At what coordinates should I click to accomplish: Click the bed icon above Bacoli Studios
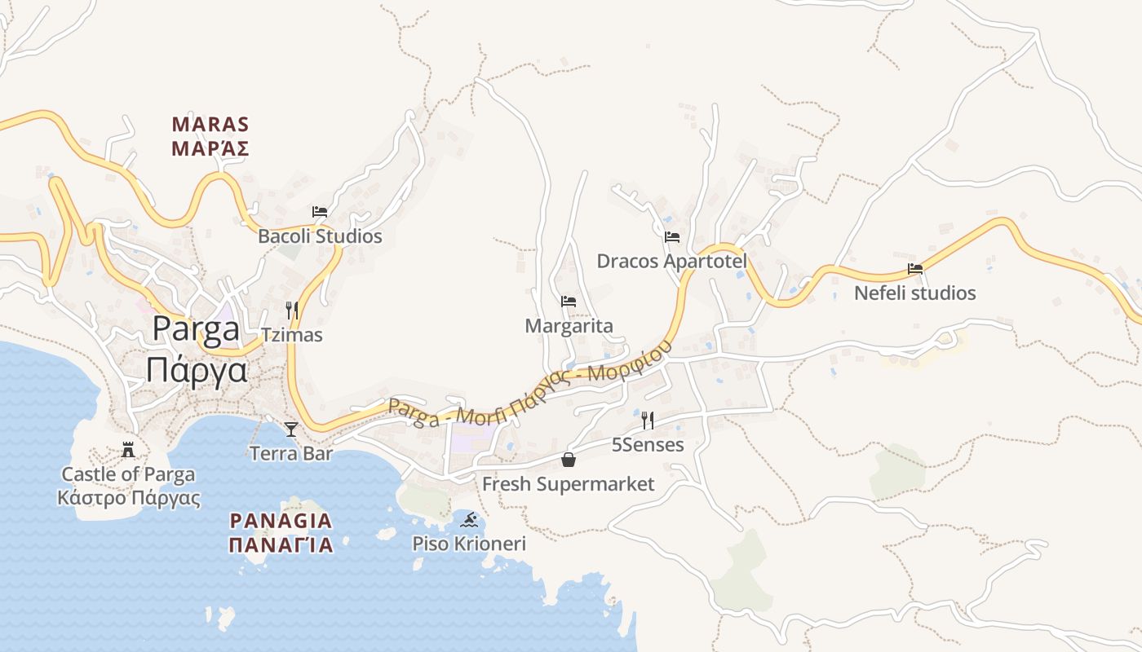(x=320, y=212)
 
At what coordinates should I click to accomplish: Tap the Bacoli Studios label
(x=320, y=237)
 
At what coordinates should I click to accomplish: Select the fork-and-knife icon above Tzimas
(x=292, y=310)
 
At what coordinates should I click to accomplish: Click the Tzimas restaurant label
(x=292, y=335)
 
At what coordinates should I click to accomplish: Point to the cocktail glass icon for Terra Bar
(x=291, y=429)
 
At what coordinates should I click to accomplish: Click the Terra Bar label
(x=291, y=454)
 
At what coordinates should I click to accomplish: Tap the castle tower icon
(x=128, y=449)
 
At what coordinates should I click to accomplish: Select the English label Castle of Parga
(x=129, y=474)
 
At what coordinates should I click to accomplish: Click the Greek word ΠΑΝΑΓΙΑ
(x=281, y=545)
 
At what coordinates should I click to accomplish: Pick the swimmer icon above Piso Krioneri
(x=468, y=519)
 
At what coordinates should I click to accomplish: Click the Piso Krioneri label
(x=469, y=544)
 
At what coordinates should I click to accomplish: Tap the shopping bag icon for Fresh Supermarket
(x=569, y=460)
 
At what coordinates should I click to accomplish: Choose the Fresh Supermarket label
(x=568, y=485)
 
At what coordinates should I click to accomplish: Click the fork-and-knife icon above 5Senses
(x=648, y=421)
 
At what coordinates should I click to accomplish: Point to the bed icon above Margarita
(x=569, y=302)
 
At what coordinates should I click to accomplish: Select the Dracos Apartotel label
(x=672, y=262)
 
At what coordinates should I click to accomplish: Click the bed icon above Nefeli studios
(x=915, y=268)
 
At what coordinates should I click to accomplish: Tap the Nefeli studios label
(x=915, y=293)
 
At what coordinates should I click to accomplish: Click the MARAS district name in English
(x=210, y=125)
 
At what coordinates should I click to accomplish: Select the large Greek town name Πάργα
(x=197, y=369)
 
